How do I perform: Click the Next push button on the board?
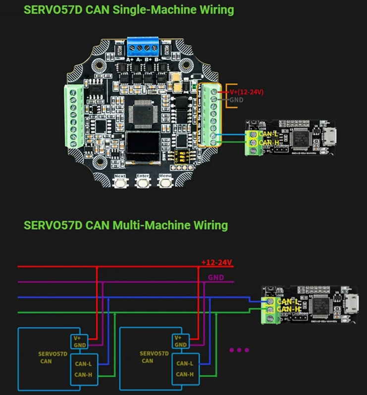click(120, 183)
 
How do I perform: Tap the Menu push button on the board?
click(164, 183)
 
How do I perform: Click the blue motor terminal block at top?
click(143, 48)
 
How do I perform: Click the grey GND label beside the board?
click(236, 100)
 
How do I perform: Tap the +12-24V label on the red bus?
click(217, 262)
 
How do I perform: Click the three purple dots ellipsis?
click(239, 350)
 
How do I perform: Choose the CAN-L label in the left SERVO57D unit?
click(82, 363)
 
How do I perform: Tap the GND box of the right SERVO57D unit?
click(181, 345)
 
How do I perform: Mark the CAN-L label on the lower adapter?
click(287, 300)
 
